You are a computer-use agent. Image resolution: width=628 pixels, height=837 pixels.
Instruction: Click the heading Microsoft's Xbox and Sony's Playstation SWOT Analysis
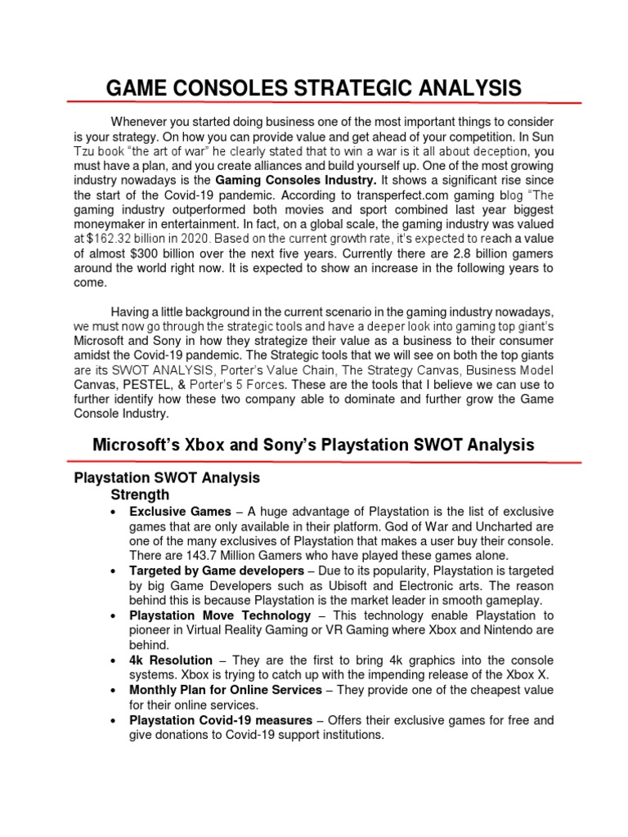(x=313, y=445)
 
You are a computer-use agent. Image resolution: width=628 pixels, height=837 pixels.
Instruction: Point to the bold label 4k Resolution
(x=171, y=660)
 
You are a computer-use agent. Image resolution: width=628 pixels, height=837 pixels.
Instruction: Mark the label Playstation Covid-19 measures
(x=221, y=720)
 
